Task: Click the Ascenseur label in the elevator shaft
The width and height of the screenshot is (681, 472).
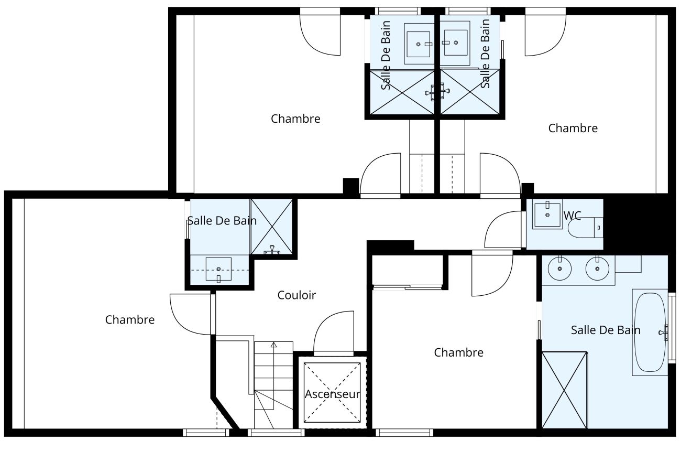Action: pos(332,394)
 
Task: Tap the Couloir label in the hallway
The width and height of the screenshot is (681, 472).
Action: pos(296,295)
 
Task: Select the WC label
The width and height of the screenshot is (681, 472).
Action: pos(572,216)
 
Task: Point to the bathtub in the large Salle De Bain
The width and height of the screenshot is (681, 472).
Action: pos(650,332)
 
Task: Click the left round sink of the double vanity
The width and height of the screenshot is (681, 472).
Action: pos(560,269)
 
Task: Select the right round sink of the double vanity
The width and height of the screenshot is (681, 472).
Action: pos(597,269)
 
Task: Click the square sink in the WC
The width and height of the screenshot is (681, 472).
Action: pos(547,214)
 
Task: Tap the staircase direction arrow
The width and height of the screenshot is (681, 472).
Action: pos(273,345)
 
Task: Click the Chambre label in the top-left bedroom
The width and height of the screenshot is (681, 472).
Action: pos(295,119)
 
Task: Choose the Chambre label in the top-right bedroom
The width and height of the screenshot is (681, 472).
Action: pos(573,128)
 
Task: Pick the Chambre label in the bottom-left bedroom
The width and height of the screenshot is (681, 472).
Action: pos(130,320)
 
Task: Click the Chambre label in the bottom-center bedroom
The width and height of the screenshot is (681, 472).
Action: pos(458,353)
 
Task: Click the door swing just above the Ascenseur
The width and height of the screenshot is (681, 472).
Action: pos(334,332)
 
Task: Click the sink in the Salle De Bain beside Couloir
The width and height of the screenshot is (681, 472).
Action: pos(218,269)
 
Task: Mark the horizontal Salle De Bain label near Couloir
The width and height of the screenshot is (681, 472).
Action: pos(222,221)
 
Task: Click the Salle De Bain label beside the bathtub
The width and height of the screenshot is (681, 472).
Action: pos(605,330)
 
